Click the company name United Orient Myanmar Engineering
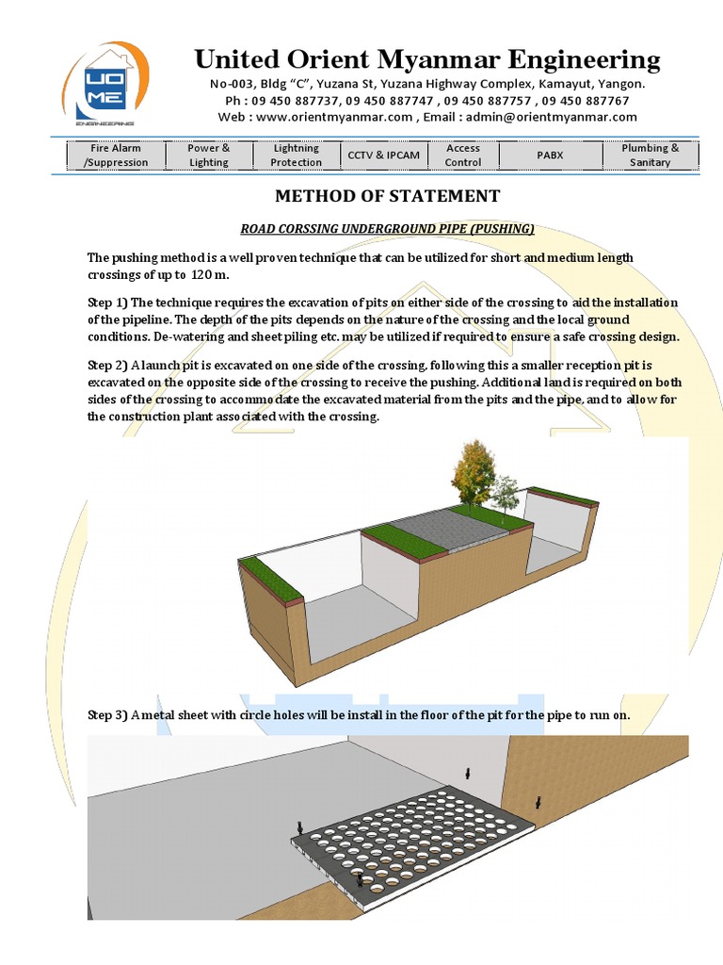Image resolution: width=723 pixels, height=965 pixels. tap(426, 60)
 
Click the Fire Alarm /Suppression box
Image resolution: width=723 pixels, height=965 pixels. tap(116, 155)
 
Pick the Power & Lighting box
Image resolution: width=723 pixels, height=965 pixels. tap(209, 155)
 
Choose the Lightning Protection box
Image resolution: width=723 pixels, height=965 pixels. tap(296, 155)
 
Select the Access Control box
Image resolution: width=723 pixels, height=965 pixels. tap(462, 155)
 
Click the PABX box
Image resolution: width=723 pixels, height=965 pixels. tap(551, 155)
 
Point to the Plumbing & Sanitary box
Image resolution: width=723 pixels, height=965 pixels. tap(650, 155)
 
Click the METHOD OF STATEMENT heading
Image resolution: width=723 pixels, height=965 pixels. tap(387, 196)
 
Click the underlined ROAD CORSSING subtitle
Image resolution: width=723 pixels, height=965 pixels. tap(387, 228)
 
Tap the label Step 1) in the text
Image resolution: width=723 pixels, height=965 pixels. tap(107, 303)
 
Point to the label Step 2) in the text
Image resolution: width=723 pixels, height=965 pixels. tap(107, 364)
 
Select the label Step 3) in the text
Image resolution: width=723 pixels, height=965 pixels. tap(107, 715)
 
